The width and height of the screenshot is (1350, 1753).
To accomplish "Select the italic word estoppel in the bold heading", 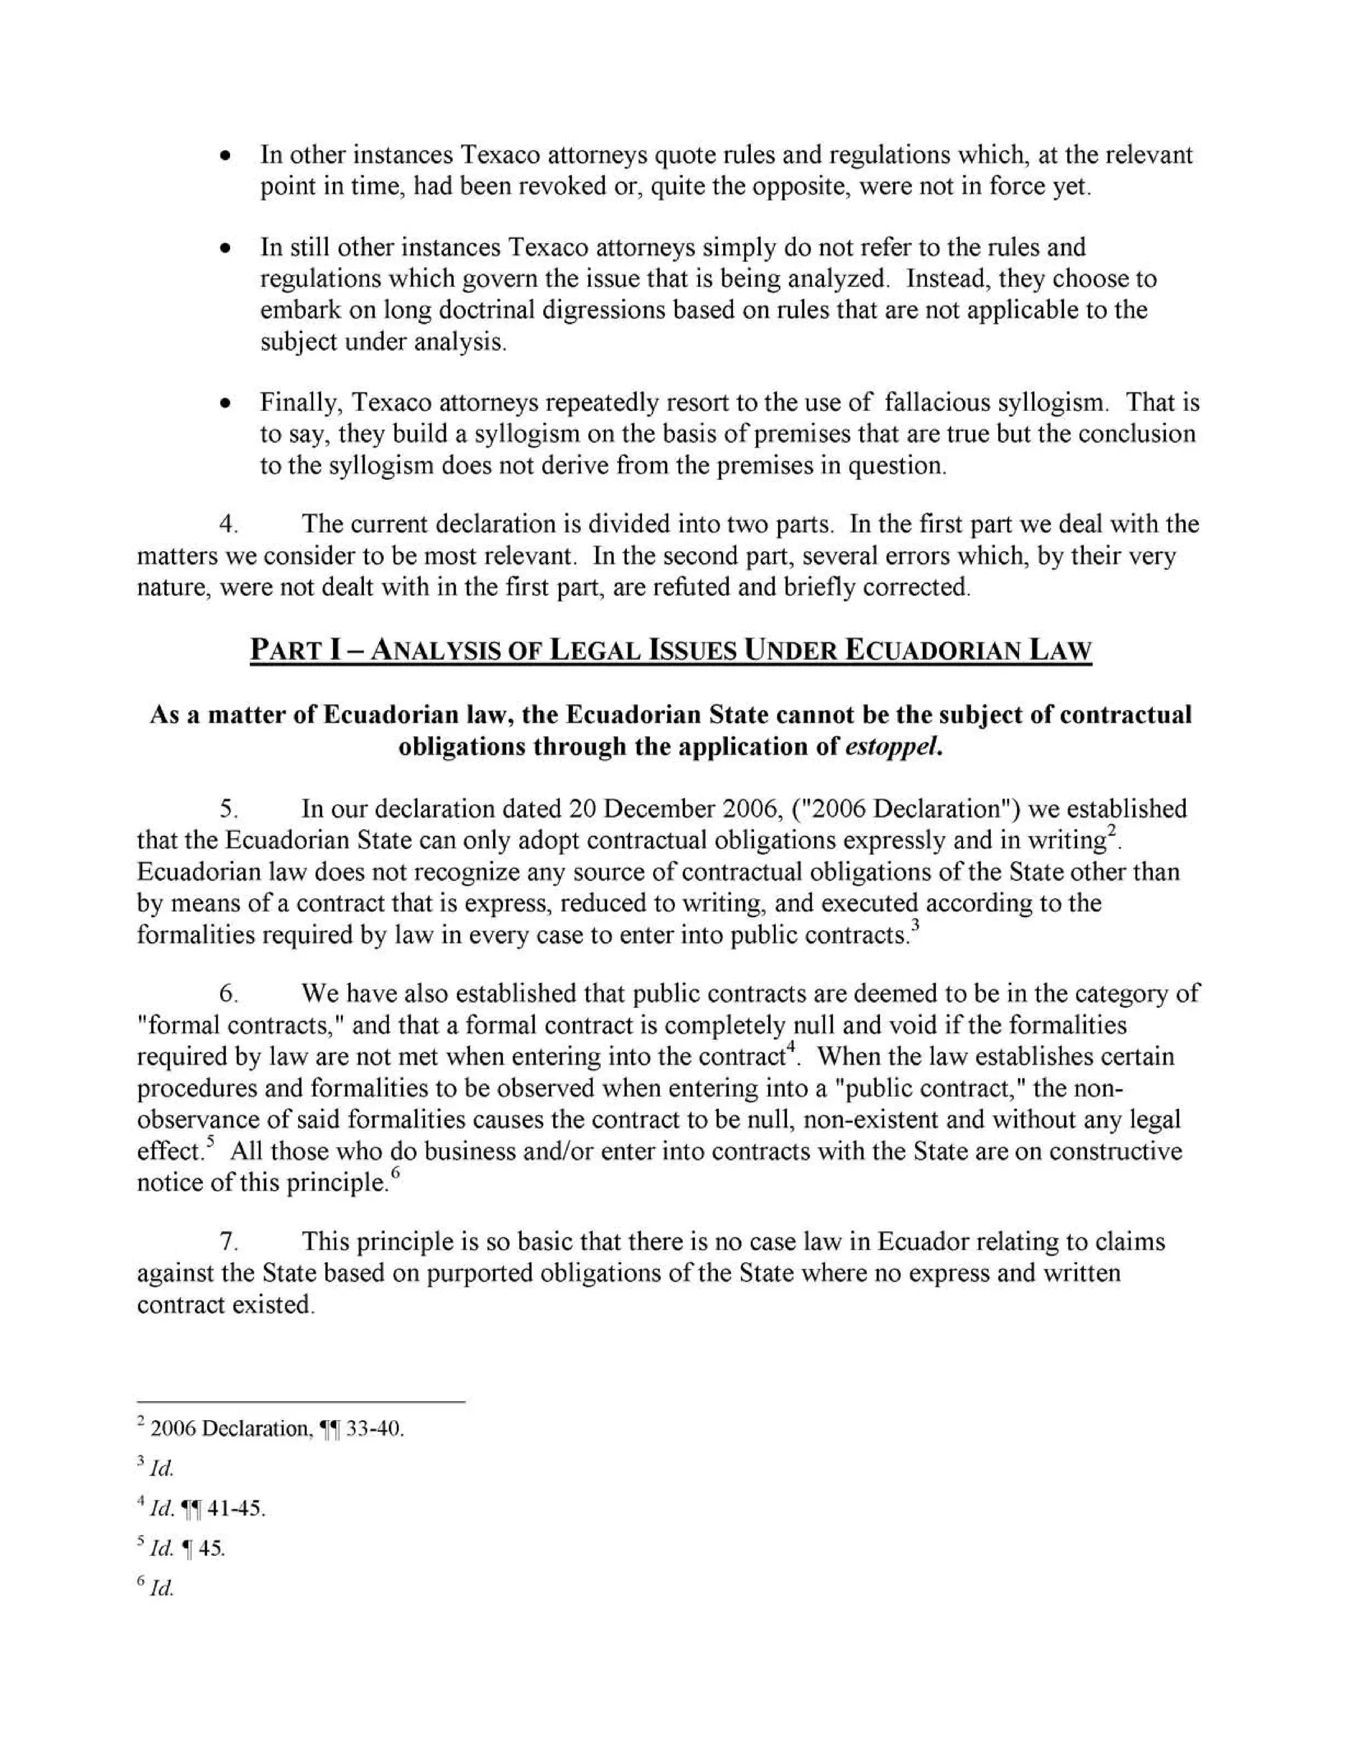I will [892, 746].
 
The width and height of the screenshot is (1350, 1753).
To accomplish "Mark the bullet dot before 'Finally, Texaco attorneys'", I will [228, 402].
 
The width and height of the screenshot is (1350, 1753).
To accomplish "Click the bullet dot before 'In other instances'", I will [228, 155].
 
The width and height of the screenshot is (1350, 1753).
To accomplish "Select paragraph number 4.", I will [229, 525].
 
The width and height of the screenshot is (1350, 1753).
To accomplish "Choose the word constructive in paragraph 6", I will [1115, 1151].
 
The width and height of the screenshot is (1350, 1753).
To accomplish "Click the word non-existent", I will [882, 1119].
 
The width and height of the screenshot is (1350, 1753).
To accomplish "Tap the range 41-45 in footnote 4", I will [235, 1508].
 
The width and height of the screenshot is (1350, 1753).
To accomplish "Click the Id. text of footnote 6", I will [161, 1588].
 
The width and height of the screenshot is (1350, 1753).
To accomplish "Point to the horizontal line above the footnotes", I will [301, 1402].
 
